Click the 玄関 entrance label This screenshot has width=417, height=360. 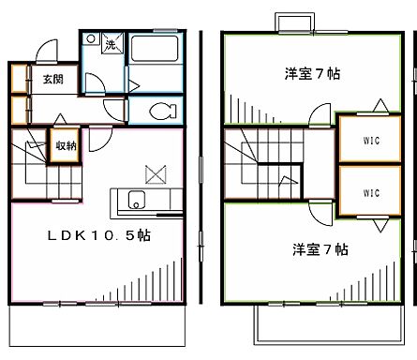click(x=52, y=81)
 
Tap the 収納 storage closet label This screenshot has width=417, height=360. click(x=66, y=144)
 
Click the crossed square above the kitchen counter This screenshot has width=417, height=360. click(x=155, y=174)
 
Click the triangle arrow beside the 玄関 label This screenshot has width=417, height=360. click(x=30, y=80)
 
